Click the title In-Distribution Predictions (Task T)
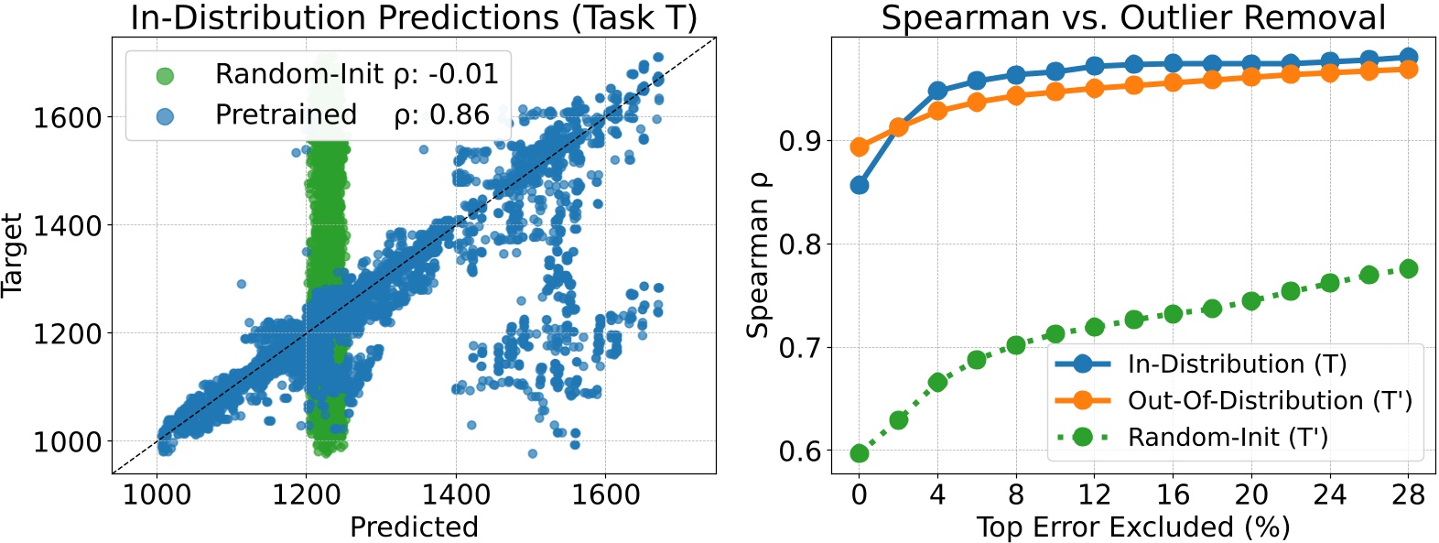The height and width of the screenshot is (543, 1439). [414, 17]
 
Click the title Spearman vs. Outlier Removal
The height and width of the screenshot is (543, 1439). [1133, 17]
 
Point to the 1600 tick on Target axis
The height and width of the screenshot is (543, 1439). [67, 118]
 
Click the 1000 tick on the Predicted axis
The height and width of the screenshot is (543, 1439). [157, 495]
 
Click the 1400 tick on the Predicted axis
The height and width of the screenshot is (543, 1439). [456, 495]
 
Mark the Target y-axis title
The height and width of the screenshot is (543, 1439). [12, 255]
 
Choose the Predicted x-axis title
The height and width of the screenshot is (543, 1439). [414, 527]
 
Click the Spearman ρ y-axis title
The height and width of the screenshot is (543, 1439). [758, 255]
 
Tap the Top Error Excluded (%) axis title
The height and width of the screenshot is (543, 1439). [1133, 527]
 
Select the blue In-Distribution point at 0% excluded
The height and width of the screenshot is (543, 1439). [859, 185]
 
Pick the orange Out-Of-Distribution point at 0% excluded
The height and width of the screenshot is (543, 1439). [859, 147]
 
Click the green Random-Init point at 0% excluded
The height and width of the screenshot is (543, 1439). [859, 453]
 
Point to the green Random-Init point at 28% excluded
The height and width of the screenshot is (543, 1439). [1408, 268]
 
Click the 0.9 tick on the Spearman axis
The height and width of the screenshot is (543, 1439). [799, 142]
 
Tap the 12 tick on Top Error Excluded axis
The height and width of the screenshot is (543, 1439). [1094, 495]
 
